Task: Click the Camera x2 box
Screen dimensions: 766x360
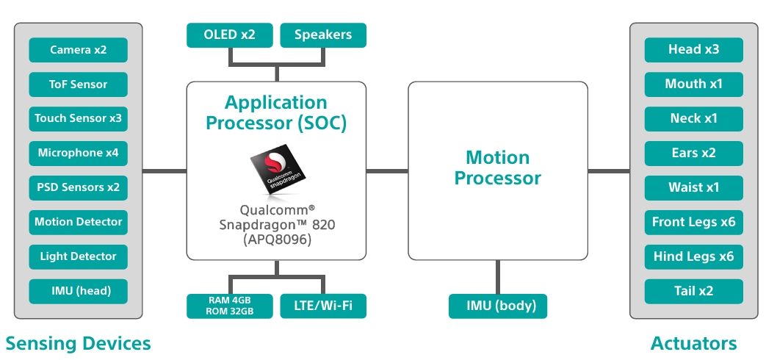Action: (78, 50)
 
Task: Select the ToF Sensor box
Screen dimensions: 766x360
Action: (78, 84)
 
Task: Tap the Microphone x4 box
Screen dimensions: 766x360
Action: (78, 154)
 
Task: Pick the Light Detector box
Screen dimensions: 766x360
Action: (78, 257)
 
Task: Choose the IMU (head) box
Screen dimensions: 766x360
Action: (78, 292)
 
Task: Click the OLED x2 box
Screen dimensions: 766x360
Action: (230, 35)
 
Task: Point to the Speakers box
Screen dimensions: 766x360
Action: (323, 35)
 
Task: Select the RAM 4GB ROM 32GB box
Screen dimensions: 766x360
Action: (230, 306)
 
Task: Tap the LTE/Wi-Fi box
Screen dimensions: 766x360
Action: (323, 306)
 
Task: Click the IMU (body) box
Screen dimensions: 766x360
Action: (498, 306)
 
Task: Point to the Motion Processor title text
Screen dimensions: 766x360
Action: (498, 168)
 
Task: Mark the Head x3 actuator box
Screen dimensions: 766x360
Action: (694, 50)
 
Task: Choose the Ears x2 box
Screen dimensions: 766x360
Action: (694, 154)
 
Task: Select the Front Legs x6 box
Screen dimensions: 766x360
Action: (694, 223)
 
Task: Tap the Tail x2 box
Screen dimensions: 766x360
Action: (694, 292)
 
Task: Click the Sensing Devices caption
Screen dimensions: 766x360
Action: (78, 343)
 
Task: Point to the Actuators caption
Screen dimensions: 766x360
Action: (694, 343)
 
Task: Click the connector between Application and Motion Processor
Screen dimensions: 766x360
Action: (387, 171)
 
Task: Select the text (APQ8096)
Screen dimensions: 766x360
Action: (277, 240)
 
